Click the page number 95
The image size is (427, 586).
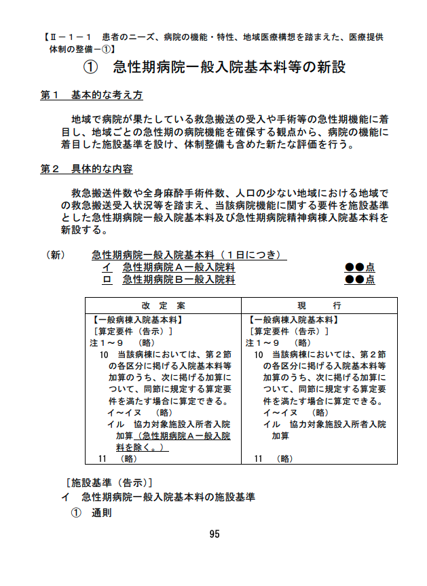click(x=215, y=534)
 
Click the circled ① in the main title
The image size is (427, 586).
click(x=91, y=68)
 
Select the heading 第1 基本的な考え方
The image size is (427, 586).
click(x=92, y=96)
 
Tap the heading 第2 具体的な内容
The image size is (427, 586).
click(x=87, y=169)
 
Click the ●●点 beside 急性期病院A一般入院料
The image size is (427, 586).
click(x=360, y=267)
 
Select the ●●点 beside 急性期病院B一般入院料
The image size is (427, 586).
click(x=360, y=279)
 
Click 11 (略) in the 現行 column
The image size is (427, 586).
click(x=274, y=459)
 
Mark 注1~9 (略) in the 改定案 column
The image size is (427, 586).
click(x=123, y=343)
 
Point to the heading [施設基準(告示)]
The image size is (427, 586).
click(x=105, y=484)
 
